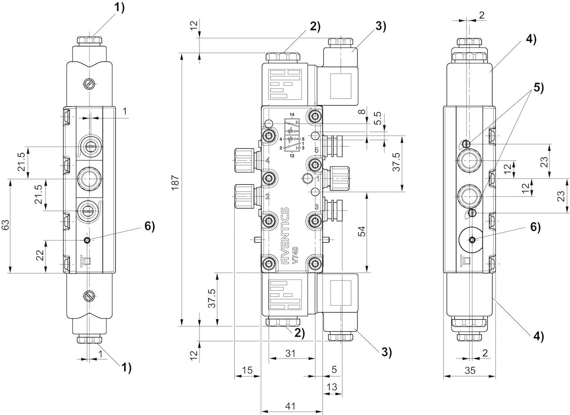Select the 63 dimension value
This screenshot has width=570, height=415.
coord(5,226)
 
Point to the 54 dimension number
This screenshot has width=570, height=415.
coord(362,231)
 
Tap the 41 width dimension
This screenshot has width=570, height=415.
coord(291,406)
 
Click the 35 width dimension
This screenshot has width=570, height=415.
coord(469,370)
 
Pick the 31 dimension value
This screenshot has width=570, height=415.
coord(291,353)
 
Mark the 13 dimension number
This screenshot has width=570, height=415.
coord(332,387)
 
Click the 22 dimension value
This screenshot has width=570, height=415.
coord(40,256)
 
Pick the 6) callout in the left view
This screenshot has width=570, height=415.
coord(150,227)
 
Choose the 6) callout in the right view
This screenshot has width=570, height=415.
coord(535,227)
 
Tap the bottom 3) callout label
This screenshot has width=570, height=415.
coord(386,352)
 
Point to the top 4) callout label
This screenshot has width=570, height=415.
coord(530,39)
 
